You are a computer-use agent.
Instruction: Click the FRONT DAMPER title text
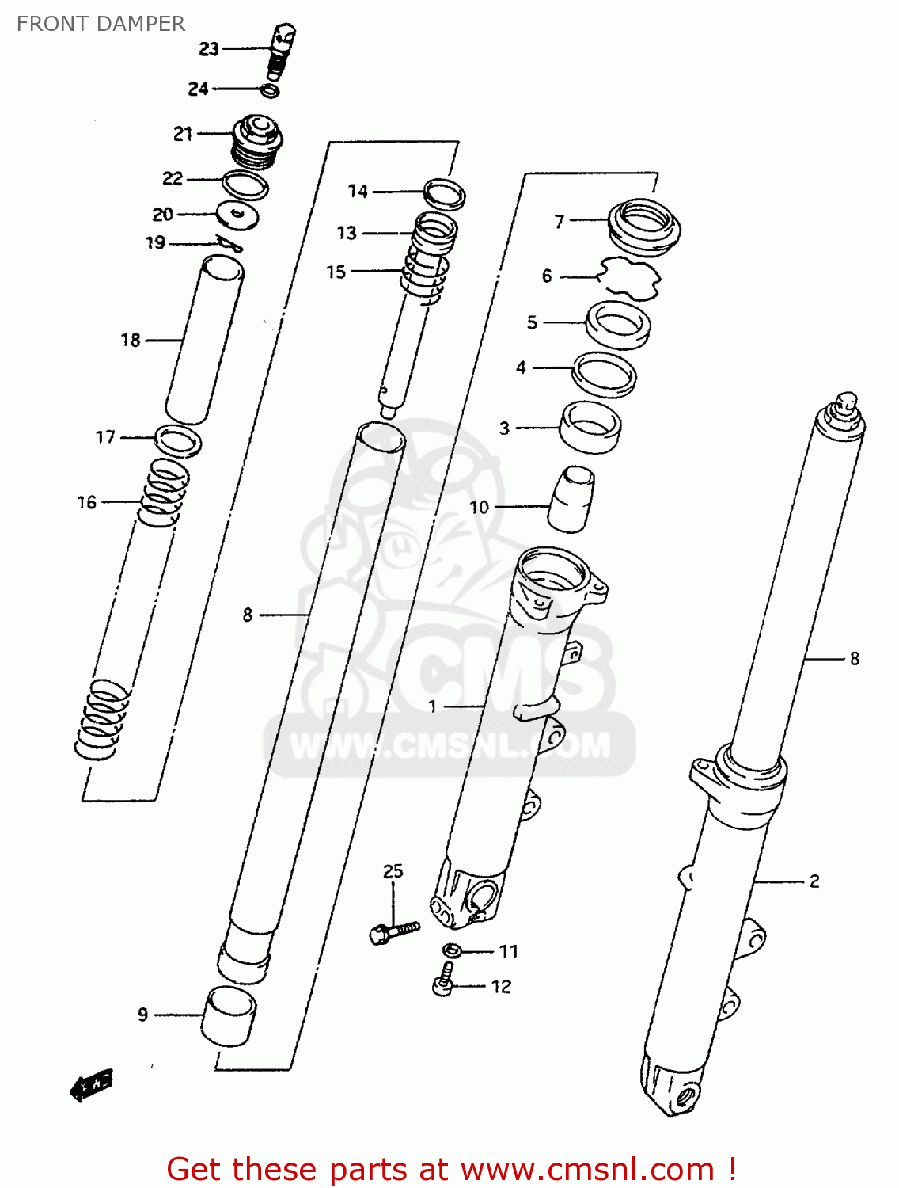pos(101,24)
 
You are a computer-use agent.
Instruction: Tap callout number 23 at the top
pos(208,49)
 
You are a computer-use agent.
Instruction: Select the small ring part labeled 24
pos(270,90)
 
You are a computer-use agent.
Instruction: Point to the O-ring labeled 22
pos(245,185)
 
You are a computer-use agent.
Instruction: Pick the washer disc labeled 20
pos(238,215)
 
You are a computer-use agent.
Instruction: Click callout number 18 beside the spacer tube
pos(131,340)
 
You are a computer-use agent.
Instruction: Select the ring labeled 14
pos(444,193)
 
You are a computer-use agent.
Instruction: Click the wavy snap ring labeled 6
pos(629,277)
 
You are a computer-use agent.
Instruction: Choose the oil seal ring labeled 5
pos(618,324)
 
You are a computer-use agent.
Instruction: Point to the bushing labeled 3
pos(590,427)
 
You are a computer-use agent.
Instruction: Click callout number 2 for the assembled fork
pos(814,881)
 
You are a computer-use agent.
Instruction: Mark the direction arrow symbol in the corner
pos(92,1084)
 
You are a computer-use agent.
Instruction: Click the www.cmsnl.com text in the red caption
pos(587,1169)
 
